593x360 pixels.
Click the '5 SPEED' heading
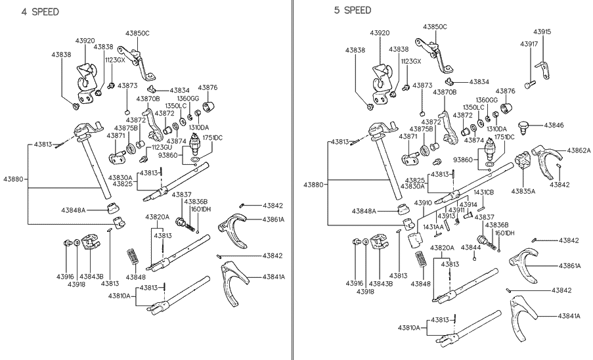pyautogui.click(x=353, y=10)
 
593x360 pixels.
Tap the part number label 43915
pyautogui.click(x=542, y=32)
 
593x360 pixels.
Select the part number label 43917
pyautogui.click(x=529, y=44)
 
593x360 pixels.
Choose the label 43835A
pyautogui.click(x=523, y=191)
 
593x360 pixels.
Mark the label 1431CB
pyautogui.click(x=484, y=192)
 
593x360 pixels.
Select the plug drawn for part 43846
pyautogui.click(x=523, y=125)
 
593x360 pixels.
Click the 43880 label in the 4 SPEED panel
pyautogui.click(x=14, y=179)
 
